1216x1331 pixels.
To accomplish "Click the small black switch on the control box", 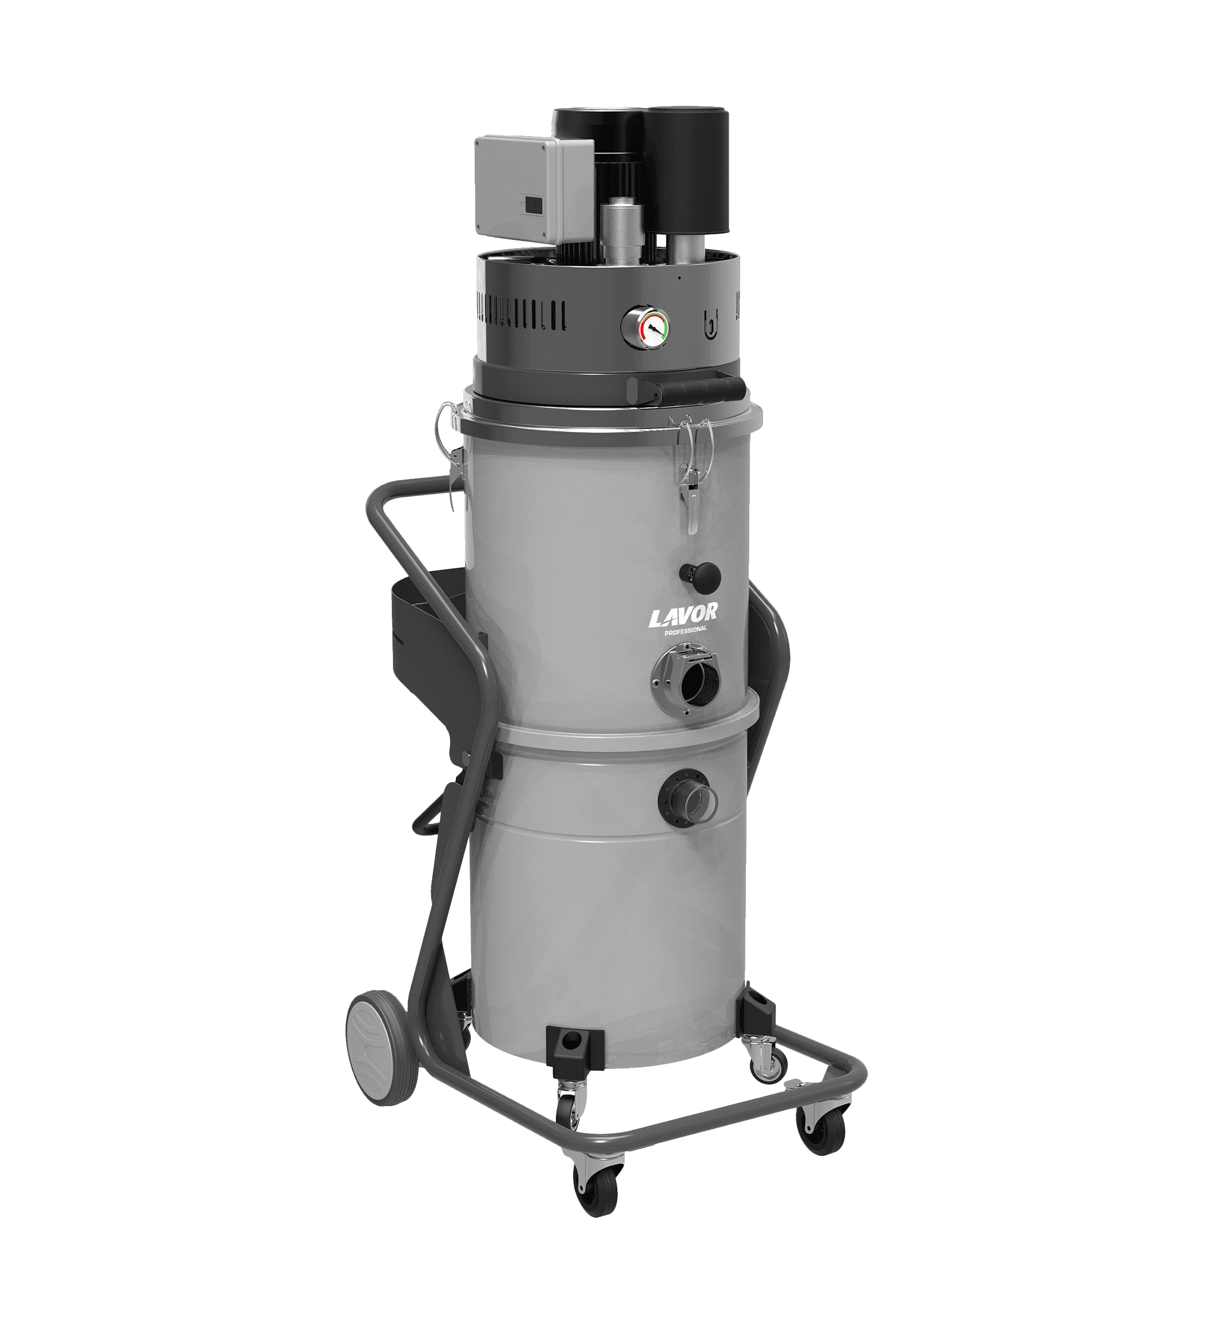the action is click(533, 205).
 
